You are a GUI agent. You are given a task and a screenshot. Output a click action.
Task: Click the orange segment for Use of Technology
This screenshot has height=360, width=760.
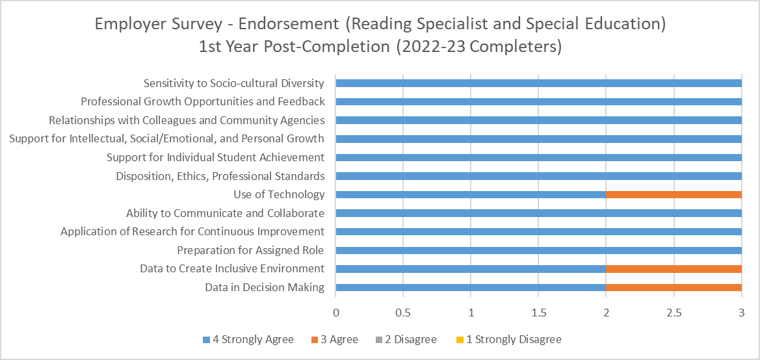674,194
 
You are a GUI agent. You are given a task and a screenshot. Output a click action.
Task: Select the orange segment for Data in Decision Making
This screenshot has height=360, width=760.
674,287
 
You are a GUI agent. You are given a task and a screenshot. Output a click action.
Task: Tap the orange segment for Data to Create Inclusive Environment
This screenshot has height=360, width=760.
674,269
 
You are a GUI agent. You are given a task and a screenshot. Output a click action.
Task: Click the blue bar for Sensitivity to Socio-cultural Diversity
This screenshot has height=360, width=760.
538,83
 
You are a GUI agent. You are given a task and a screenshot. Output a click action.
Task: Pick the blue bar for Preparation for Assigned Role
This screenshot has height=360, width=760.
538,250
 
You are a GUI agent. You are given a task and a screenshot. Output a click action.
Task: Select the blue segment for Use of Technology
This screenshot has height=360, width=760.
471,194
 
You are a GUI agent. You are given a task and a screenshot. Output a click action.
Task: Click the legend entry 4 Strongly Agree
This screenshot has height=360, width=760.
248,339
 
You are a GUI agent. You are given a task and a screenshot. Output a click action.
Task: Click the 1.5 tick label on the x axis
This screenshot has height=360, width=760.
538,313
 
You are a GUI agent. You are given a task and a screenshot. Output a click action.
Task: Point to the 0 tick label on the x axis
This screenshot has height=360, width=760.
335,313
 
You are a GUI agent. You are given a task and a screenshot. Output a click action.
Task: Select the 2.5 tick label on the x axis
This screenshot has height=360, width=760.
674,313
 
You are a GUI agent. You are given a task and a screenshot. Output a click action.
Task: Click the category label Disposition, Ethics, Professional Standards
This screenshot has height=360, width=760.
220,176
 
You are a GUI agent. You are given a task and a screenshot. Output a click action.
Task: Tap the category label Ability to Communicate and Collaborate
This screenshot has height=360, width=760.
225,213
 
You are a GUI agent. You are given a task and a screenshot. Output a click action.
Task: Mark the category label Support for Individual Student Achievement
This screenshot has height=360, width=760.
215,157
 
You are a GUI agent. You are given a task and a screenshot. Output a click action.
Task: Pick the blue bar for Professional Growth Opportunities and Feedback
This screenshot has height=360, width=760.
538,101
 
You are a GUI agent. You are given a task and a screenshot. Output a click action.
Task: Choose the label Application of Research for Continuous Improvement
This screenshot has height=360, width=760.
192,231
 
